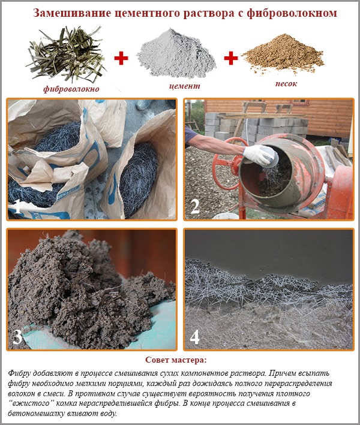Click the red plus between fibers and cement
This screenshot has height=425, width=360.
tap(121, 58)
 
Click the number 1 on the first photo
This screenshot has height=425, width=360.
tap(18, 207)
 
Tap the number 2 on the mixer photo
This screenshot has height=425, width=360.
tap(194, 206)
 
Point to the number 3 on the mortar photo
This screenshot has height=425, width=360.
tap(17, 336)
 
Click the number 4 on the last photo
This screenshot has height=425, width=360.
tap(195, 336)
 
